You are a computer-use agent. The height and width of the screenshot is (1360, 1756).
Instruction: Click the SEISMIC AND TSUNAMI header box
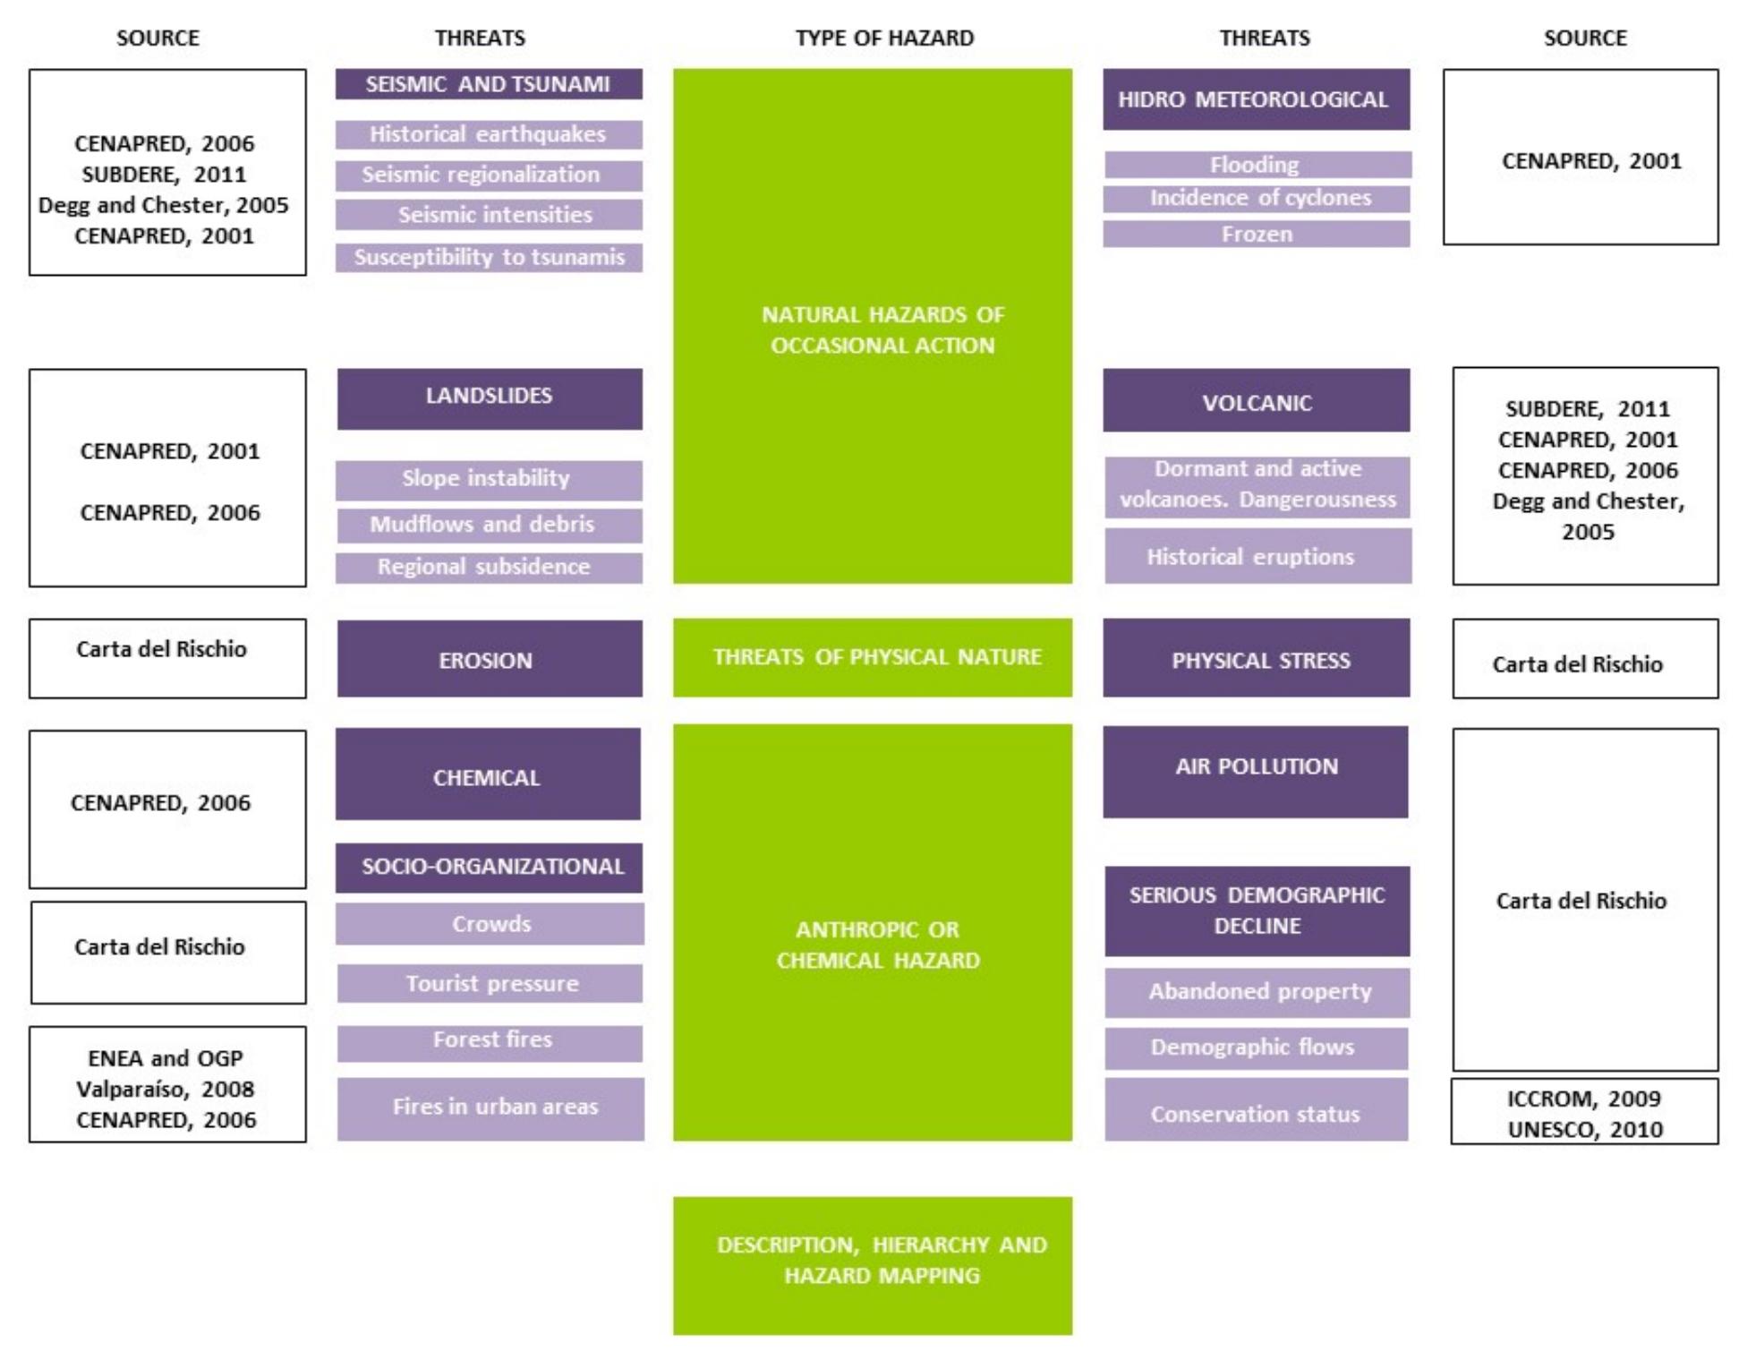pyautogui.click(x=488, y=84)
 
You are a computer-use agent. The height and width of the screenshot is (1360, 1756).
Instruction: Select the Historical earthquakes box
pyautogui.click(x=488, y=134)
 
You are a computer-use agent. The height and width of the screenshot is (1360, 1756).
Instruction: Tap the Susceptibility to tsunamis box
pyautogui.click(x=488, y=257)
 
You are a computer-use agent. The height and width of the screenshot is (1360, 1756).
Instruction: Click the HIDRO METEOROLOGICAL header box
pyautogui.click(x=1255, y=99)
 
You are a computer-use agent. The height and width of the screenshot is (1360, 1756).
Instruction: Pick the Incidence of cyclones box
pyautogui.click(x=1255, y=198)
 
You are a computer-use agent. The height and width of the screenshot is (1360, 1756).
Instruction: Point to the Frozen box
pyautogui.click(x=1255, y=234)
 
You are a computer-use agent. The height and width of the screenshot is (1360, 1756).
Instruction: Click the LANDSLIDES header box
pyautogui.click(x=489, y=398)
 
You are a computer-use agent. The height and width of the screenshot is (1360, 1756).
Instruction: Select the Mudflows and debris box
pyautogui.click(x=488, y=525)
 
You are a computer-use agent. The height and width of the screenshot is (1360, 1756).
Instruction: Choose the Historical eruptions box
pyautogui.click(x=1257, y=556)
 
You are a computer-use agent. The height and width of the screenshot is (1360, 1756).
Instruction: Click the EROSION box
pyautogui.click(x=489, y=659)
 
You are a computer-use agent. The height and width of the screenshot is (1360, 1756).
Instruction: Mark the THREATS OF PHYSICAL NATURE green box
pyautogui.click(x=872, y=657)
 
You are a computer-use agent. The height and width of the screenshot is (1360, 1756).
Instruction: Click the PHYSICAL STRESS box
pyautogui.click(x=1255, y=659)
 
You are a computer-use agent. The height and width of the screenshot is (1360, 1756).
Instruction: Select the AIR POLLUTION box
pyautogui.click(x=1255, y=771)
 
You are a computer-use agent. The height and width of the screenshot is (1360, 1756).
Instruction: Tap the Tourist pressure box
pyautogui.click(x=490, y=983)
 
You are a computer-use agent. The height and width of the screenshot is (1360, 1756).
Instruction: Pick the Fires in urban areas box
pyautogui.click(x=490, y=1108)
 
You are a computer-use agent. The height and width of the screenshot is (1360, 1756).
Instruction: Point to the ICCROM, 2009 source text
pyautogui.click(x=1582, y=1099)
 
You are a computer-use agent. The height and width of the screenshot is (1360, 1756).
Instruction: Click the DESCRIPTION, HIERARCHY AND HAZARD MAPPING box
pyautogui.click(x=872, y=1264)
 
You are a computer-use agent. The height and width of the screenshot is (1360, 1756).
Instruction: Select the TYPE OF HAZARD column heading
pyautogui.click(x=883, y=38)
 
